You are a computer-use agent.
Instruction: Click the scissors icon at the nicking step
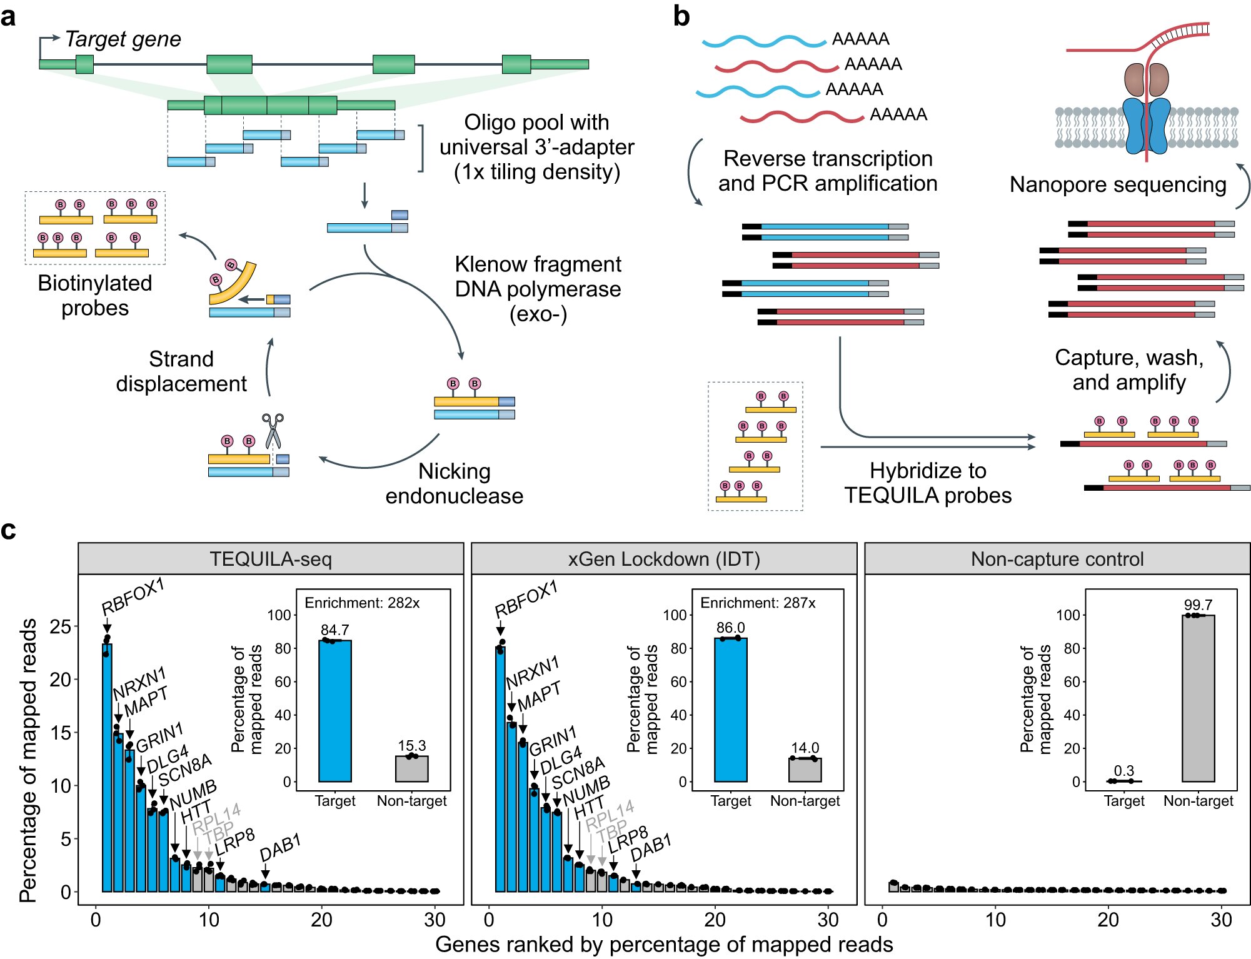pos(273,430)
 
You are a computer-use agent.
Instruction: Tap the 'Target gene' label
pos(123,39)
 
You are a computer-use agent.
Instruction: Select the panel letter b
pos(681,16)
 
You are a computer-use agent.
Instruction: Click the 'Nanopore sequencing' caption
pos(1117,184)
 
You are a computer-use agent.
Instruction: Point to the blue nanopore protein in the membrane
pos(1145,125)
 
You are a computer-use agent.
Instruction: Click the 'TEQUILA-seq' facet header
pos(270,558)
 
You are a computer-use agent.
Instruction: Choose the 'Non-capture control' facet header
pos(1057,558)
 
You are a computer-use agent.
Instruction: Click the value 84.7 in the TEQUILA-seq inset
pos(334,630)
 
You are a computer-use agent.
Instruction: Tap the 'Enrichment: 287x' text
pos(757,603)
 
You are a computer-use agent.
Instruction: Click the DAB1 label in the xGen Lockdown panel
pos(650,847)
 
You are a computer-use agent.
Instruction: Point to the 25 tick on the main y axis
pos(60,626)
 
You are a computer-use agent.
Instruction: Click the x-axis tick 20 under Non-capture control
pos(1108,920)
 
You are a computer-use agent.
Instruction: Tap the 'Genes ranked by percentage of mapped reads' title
pos(663,944)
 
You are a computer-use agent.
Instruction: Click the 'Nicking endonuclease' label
pos(454,483)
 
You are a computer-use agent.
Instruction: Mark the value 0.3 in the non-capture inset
pos(1123,771)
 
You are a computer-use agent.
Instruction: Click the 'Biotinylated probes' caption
pos(95,296)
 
